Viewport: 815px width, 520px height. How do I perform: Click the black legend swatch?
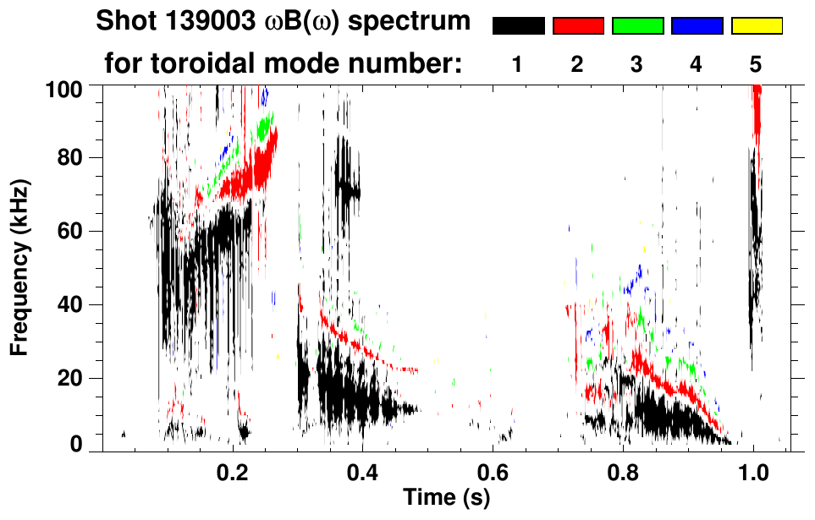click(x=518, y=26)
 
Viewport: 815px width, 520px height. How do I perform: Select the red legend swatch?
click(x=578, y=26)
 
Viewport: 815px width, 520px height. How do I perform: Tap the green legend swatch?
click(x=637, y=26)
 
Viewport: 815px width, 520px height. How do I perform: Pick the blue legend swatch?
click(x=697, y=26)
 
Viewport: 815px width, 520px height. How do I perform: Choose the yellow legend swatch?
click(x=756, y=26)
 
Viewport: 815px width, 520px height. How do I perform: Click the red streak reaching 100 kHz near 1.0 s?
click(x=757, y=110)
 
